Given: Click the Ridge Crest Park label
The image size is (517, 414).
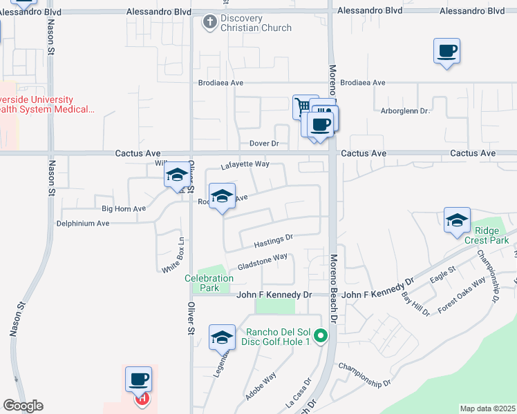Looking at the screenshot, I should click(491, 235).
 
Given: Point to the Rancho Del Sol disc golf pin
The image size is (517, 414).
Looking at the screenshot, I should click(320, 337).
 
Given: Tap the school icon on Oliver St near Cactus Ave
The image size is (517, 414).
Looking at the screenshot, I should click(177, 176).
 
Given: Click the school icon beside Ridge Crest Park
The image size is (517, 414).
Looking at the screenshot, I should click(457, 221).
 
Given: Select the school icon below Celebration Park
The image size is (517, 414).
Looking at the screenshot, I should click(222, 337).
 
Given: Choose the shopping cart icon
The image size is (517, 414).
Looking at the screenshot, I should click(304, 107).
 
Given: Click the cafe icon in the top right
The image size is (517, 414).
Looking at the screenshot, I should click(446, 51).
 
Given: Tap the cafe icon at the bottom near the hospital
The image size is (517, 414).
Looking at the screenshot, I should click(138, 379).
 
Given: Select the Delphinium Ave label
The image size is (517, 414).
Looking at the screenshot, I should click(83, 224).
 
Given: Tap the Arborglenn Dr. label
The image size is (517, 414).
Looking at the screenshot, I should click(406, 110).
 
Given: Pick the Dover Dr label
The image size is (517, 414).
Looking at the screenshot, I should click(263, 144).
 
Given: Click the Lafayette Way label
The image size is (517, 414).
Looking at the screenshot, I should click(245, 166).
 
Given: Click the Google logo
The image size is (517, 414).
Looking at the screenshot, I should click(23, 406).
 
